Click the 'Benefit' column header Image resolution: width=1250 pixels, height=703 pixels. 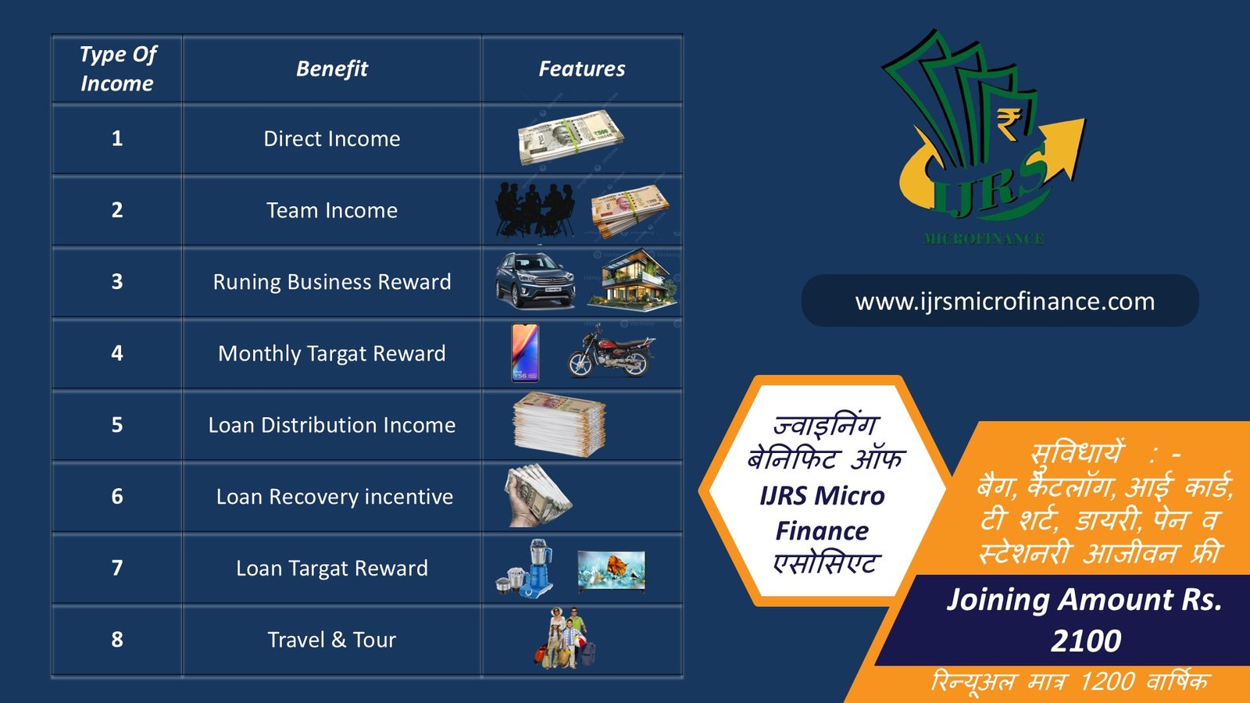331,69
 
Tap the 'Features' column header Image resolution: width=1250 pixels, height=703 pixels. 581,69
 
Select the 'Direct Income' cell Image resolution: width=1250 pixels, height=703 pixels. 331,139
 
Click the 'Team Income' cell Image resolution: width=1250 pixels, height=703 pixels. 331,210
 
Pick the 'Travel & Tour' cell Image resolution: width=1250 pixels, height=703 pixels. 331,640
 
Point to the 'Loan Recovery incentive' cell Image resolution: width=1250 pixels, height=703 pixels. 334,497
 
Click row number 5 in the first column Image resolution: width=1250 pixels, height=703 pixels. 117,425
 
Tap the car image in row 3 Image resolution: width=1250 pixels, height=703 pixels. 535,280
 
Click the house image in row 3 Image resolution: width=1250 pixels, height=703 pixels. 632,280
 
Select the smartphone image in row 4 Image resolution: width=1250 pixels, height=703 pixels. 525,352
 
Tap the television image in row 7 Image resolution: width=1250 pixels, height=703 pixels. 611,571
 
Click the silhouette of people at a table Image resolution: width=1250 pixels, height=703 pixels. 535,209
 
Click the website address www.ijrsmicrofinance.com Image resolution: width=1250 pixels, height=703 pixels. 1005,302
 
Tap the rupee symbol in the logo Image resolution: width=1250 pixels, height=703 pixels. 1008,123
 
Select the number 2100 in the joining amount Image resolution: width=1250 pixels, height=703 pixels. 1086,641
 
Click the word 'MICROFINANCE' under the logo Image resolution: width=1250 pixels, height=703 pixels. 984,239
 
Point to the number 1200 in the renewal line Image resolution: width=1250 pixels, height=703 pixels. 1107,682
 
